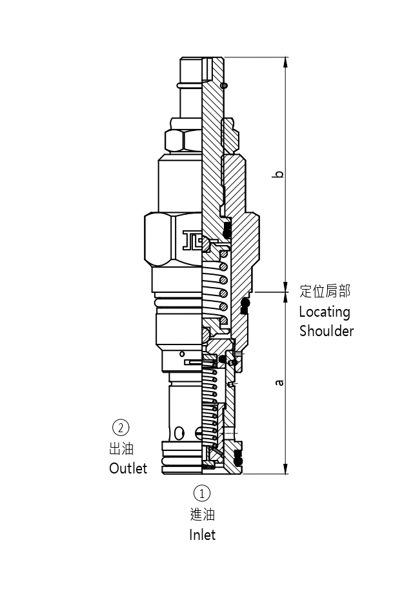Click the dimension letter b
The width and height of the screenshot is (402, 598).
279,174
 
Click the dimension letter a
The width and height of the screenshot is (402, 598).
279,383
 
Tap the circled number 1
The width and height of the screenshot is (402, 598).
202,493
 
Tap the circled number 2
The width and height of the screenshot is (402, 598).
121,427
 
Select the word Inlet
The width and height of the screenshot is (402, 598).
202,535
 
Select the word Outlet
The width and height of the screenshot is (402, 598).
128,468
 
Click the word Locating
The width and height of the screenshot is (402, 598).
324,312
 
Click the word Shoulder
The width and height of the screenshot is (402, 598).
327,331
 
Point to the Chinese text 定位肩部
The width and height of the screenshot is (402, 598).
325,292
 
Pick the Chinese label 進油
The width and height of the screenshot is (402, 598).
202,514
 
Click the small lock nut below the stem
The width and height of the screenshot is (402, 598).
183,139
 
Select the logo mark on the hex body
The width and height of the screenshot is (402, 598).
192,239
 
